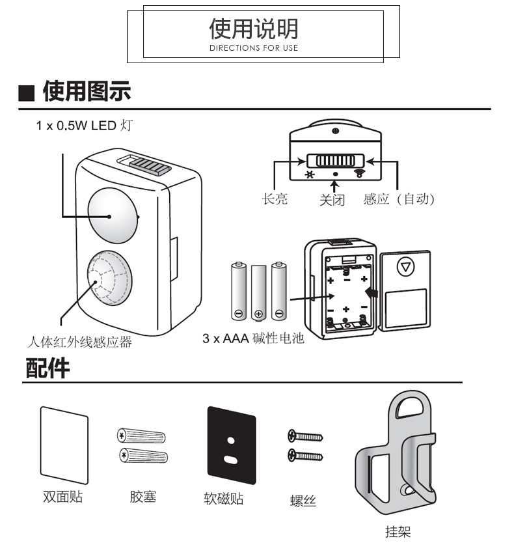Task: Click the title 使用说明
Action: tap(253, 28)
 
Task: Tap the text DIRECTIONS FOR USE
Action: tap(253, 48)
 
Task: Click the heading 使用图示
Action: tap(86, 92)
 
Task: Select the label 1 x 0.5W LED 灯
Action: tap(84, 125)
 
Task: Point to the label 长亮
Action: tap(275, 199)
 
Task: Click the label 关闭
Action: tap(332, 199)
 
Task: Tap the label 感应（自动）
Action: tap(398, 199)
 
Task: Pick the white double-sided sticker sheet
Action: tap(64, 445)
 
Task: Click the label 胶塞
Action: tap(142, 497)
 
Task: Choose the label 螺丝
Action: tap(303, 501)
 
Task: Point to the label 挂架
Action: tap(398, 532)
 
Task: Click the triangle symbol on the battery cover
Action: tap(406, 266)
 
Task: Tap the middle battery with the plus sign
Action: tap(259, 291)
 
